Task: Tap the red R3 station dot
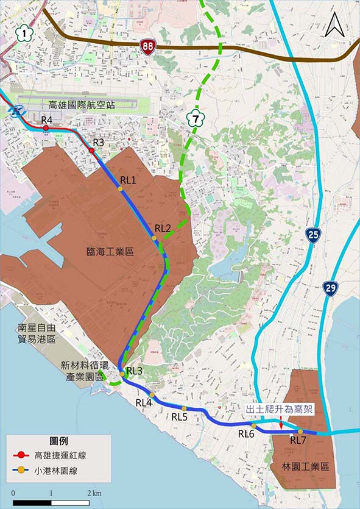[x=91, y=149]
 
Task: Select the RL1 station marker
[x=121, y=189]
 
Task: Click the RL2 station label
[x=163, y=229]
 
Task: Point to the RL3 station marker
[x=122, y=371]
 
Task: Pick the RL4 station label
[x=144, y=403]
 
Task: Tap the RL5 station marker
[x=184, y=408]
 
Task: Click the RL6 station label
[x=246, y=433]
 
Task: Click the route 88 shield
[x=147, y=46]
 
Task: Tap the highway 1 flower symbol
[x=24, y=34]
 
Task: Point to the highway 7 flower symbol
[x=195, y=115]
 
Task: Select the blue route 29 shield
[x=330, y=288]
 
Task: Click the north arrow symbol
[x=334, y=25]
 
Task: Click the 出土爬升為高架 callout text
[x=279, y=410]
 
